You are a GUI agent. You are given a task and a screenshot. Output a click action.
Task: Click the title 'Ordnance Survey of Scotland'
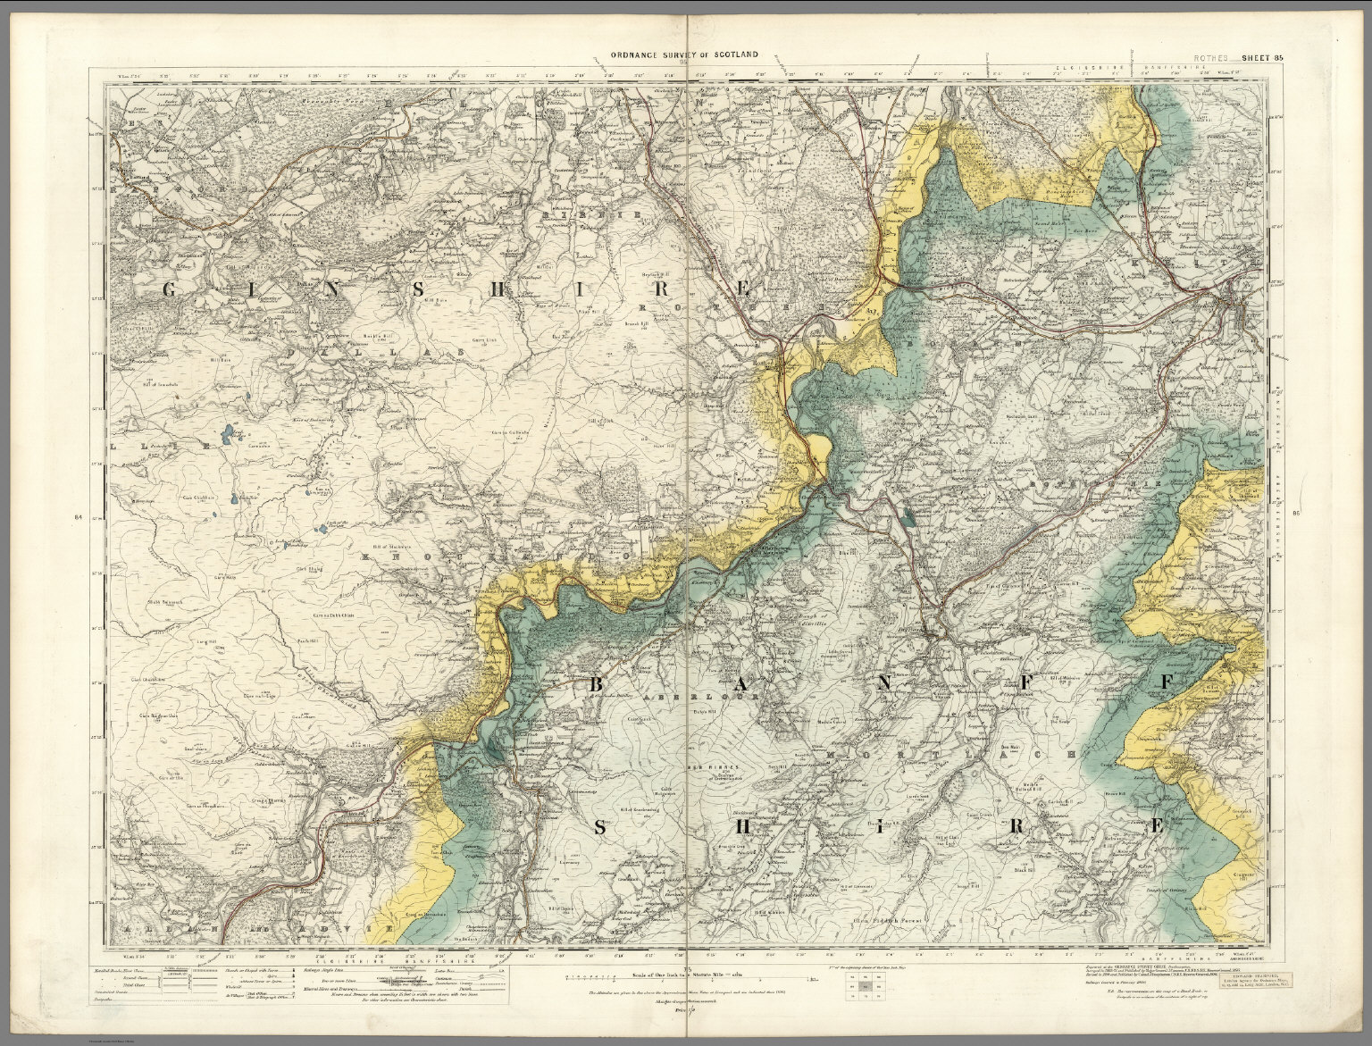click(x=685, y=54)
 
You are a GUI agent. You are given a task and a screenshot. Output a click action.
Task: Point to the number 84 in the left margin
click(x=79, y=517)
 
